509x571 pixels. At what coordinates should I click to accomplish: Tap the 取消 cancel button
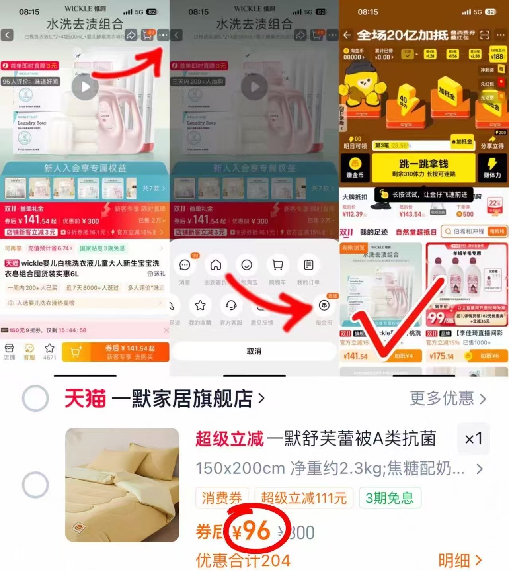[254, 351]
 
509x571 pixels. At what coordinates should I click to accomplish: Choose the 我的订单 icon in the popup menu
[308, 265]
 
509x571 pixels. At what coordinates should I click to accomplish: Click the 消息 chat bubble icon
[185, 265]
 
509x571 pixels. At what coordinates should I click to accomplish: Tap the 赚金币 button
[355, 167]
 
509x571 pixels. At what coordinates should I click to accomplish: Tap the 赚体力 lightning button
[492, 167]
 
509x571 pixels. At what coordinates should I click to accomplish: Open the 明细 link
[460, 560]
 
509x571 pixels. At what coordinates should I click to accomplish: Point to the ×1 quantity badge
[473, 439]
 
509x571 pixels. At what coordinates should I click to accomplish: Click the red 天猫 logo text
[85, 398]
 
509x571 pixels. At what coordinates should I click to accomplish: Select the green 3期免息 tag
[389, 498]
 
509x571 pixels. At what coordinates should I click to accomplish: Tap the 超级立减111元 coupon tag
[304, 498]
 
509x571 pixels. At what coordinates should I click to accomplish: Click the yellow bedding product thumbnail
[122, 485]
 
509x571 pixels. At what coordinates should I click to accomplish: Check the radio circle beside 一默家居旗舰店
[35, 398]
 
